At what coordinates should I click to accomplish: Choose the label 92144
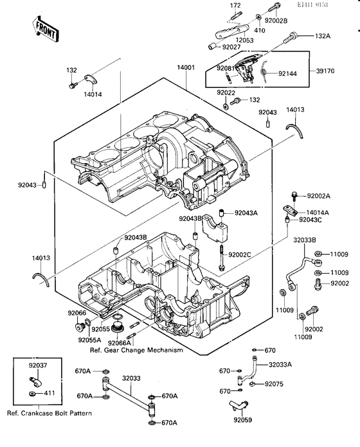click(x=286, y=74)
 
